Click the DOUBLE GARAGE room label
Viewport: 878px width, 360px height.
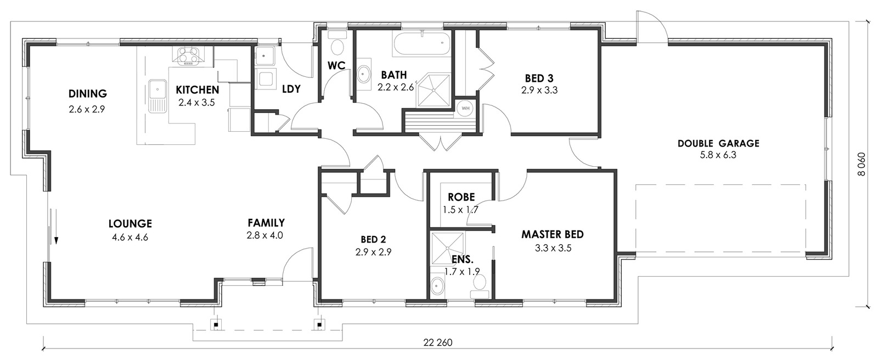[718, 143]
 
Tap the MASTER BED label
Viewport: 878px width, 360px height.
[552, 234]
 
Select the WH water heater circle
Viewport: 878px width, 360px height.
[465, 108]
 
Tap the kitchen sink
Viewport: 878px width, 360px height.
[158, 95]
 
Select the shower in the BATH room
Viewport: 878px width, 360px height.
[434, 90]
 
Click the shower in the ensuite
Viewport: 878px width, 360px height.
[448, 248]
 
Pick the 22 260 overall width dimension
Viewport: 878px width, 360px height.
[438, 342]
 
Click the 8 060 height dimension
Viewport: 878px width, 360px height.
[861, 164]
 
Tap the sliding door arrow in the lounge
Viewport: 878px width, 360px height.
[57, 227]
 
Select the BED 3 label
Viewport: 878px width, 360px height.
[539, 78]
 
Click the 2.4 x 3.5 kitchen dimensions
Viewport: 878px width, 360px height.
[197, 103]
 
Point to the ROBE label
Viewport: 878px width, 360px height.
[461, 197]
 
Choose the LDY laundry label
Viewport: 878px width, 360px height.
[291, 89]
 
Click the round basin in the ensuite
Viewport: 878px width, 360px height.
[437, 286]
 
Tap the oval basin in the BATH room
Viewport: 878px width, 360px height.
[364, 74]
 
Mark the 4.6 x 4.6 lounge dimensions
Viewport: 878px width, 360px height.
[130, 237]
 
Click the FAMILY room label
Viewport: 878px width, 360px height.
[266, 223]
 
